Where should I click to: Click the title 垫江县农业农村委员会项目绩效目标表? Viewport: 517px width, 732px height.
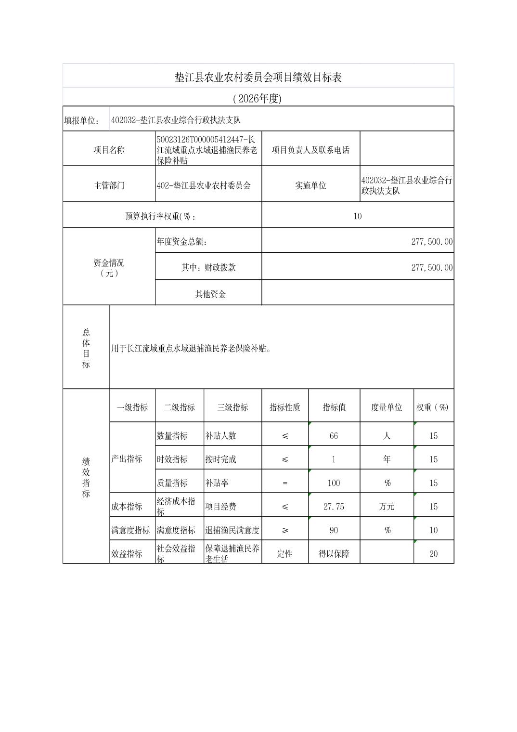(x=258, y=77)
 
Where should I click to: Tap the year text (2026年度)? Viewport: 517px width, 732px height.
(x=257, y=99)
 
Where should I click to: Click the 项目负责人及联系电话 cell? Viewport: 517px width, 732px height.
(x=310, y=150)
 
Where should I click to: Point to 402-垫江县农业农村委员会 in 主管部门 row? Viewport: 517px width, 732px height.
(x=204, y=185)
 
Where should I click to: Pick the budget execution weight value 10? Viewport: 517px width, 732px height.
(x=357, y=216)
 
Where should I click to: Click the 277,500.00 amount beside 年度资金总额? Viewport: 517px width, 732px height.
(x=431, y=242)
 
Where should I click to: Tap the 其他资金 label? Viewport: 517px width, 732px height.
(x=210, y=294)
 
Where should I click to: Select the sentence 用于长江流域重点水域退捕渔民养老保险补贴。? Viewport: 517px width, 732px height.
(x=191, y=348)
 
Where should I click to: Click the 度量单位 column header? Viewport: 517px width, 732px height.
(x=386, y=407)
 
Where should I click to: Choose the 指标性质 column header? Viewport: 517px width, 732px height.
(x=284, y=407)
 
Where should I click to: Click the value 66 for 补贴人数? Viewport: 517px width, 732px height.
(x=334, y=436)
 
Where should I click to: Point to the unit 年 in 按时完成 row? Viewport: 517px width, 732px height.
(x=387, y=459)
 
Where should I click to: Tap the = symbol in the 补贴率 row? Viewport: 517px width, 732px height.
(x=284, y=483)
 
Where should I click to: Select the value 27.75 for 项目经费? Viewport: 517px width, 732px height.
(x=334, y=507)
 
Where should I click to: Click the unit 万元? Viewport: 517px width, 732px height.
(x=387, y=507)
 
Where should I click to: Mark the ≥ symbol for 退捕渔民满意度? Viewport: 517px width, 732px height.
(x=284, y=530)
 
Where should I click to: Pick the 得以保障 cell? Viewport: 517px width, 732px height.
(x=334, y=554)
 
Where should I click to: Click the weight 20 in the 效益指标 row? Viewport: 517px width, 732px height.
(x=433, y=554)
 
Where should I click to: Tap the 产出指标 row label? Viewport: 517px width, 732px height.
(x=127, y=459)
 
